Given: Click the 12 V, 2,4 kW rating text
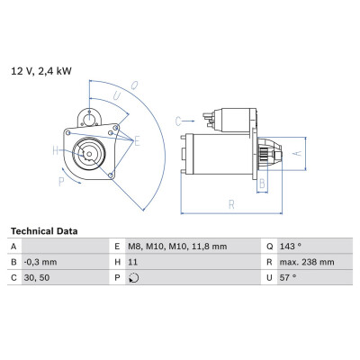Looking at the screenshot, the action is tap(41, 71).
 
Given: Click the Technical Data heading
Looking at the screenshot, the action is tap(44, 231).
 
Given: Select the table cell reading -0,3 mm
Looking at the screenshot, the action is tap(40, 262).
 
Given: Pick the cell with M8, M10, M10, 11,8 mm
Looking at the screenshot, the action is tap(177, 247).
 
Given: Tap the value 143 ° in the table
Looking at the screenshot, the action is tap(291, 247).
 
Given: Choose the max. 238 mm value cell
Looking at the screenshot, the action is tap(307, 262).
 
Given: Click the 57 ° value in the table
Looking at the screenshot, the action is tap(288, 278).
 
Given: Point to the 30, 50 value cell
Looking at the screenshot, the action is tap(37, 278).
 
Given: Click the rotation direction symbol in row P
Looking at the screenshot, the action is tap(133, 278).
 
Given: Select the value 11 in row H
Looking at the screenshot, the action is tap(132, 262).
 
